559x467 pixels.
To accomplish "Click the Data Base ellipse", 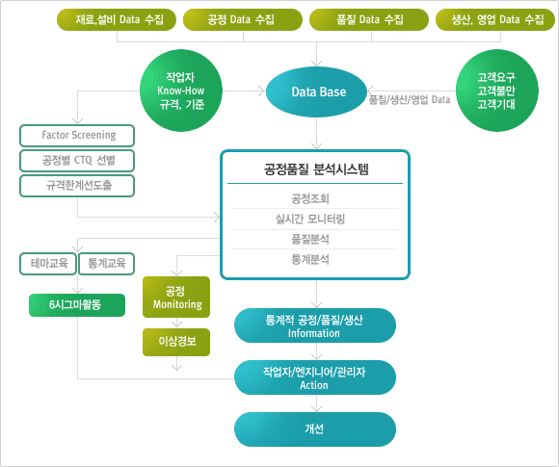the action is point(316,91).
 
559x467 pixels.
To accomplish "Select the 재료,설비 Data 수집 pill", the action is point(117,19).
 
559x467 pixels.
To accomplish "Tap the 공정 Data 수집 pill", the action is point(243,19).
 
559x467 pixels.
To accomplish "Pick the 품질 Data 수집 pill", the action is point(369,19).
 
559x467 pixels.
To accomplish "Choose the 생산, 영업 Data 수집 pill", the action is point(495,19).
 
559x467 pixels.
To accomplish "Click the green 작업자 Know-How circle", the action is point(181,91).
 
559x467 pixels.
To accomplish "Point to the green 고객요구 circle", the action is point(497,91).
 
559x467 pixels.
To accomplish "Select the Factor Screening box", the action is point(77,136).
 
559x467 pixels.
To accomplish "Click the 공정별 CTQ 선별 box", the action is point(77,161).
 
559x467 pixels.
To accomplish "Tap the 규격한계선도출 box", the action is point(77,186).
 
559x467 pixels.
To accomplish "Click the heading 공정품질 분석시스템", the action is point(316,169).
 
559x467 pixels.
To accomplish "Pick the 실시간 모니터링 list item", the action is point(310,219).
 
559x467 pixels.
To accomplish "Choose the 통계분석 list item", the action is point(310,259).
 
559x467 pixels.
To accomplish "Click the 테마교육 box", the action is point(48,264).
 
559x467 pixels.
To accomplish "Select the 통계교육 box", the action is point(107,264).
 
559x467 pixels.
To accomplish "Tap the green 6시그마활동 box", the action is point(77,305).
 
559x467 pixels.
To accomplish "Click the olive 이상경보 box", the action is point(176,342).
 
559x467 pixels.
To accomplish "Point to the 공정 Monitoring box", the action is point(176,298).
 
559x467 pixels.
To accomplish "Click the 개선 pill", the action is point(315,429).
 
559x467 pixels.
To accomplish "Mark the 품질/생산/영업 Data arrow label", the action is point(410,100).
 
